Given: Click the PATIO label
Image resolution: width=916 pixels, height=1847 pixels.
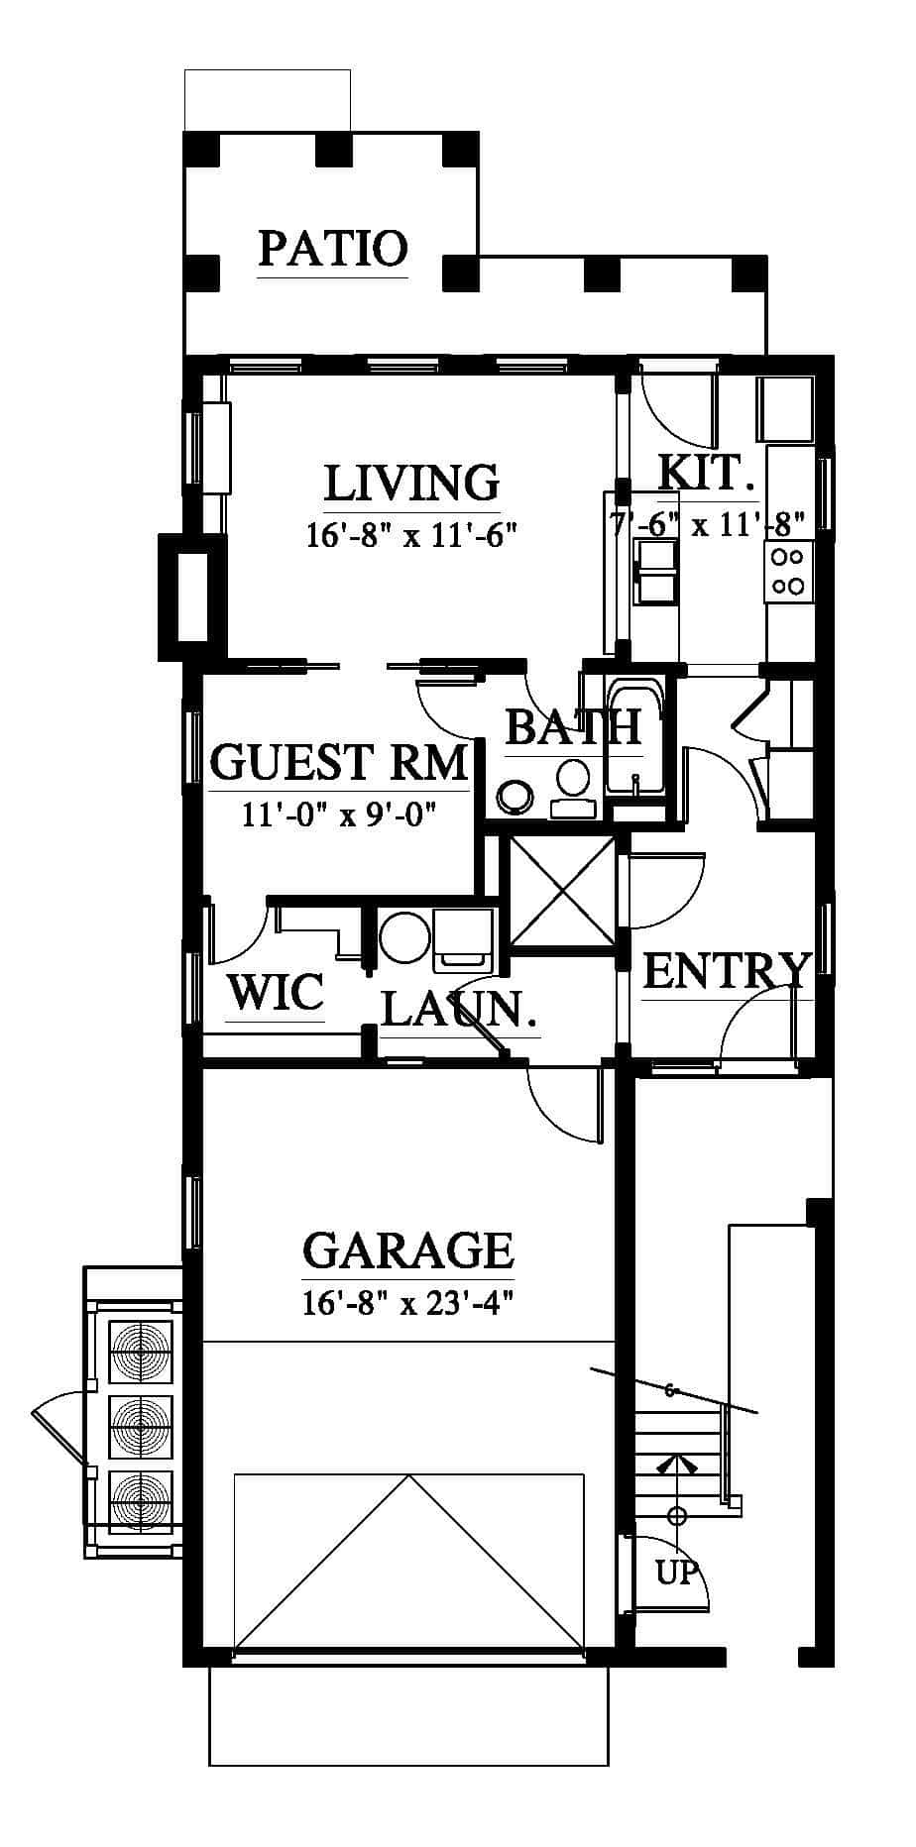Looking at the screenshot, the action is tap(333, 248).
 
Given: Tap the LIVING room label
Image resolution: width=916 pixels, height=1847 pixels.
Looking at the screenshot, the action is tap(411, 483).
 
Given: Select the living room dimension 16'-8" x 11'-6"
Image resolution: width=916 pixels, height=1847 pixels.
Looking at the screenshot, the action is tap(411, 535).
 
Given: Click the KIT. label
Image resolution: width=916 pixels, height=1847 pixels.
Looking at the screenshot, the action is tap(707, 472).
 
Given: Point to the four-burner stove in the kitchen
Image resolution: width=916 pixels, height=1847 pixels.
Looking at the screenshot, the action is tap(788, 571).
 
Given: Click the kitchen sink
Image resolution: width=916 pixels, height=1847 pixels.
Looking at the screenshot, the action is tap(655, 572).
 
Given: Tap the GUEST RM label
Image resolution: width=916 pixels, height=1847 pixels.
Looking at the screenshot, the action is tap(338, 763).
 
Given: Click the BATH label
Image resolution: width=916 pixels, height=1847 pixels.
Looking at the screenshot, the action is tap(573, 727).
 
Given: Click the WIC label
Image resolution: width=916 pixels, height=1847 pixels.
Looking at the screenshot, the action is tap(275, 992).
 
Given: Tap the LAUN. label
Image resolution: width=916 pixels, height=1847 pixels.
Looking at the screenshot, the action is tap(459, 1010).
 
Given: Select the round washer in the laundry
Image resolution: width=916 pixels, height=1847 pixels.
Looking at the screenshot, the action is tap(404, 936).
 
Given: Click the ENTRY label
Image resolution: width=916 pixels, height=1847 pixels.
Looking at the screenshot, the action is tap(727, 972).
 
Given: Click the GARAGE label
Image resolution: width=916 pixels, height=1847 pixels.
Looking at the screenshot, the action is tap(407, 1250).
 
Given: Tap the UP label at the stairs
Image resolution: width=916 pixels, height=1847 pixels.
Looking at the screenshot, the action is tap(677, 1572).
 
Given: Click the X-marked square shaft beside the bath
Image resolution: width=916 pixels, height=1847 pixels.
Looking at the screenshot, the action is tap(562, 890).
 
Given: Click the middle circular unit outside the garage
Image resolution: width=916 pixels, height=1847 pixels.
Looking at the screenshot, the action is tap(140, 1426).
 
